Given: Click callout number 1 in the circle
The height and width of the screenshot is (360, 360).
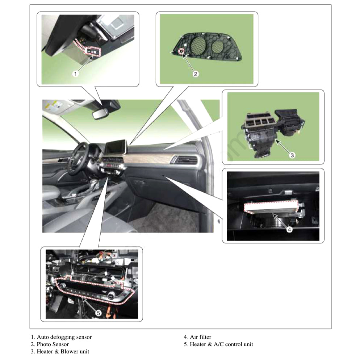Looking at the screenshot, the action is pyautogui.click(x=76, y=74).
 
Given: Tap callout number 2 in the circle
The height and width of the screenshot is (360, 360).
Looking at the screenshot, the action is pyautogui.click(x=195, y=74).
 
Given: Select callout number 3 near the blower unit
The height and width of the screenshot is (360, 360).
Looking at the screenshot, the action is pyautogui.click(x=292, y=155).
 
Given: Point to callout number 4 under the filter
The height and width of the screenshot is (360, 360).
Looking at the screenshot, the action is pyautogui.click(x=289, y=229).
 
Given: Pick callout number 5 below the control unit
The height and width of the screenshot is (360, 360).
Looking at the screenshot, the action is pyautogui.click(x=98, y=313).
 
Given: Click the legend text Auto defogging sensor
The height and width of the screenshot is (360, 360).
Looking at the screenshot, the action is pyautogui.click(x=64, y=337).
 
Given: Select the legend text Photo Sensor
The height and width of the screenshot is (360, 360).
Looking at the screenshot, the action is pyautogui.click(x=53, y=344).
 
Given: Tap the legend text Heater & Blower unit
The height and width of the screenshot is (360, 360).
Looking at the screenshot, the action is pyautogui.click(x=63, y=351).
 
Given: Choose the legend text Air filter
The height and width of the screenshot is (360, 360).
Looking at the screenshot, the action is pyautogui.click(x=200, y=337).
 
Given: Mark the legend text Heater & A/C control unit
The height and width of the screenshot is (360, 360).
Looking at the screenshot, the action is pyautogui.click(x=221, y=344).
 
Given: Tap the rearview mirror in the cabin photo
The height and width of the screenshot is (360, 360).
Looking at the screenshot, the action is pyautogui.click(x=100, y=113).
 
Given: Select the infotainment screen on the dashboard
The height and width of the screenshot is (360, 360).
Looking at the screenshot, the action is pyautogui.click(x=116, y=147).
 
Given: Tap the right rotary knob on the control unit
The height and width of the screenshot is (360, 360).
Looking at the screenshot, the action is pyautogui.click(x=111, y=295).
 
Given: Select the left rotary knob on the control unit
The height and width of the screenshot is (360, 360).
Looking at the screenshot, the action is pyautogui.click(x=63, y=285).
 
